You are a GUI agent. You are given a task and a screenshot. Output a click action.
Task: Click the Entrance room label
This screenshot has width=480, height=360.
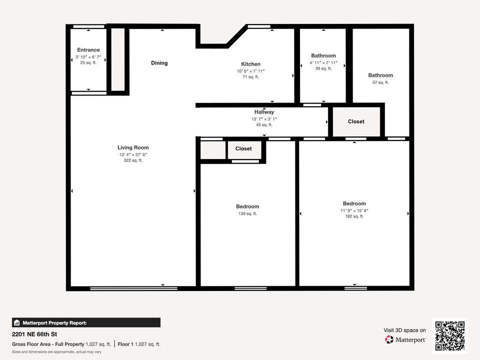(88, 50)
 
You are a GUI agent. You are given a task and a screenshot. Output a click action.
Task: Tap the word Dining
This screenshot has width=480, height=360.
(159, 63)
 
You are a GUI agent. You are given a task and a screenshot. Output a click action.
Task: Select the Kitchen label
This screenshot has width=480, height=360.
(250, 64)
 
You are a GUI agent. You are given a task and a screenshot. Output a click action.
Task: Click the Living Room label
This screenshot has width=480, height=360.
(133, 147)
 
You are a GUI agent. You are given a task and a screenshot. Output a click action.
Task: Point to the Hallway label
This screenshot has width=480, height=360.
(264, 112)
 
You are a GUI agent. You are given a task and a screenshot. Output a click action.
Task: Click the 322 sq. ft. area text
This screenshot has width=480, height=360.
(133, 160)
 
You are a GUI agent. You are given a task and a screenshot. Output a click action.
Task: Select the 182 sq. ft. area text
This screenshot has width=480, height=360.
(354, 216)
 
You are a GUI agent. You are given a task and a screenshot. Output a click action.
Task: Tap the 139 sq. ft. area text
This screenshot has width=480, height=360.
(247, 213)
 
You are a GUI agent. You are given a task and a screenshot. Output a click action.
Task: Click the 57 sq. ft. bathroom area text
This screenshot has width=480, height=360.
(380, 82)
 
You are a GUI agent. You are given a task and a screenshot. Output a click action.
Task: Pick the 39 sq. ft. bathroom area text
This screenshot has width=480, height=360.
(323, 69)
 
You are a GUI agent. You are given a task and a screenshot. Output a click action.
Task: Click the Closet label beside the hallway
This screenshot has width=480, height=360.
(356, 121)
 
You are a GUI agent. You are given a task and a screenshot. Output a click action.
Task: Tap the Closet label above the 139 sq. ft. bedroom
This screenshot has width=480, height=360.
(243, 148)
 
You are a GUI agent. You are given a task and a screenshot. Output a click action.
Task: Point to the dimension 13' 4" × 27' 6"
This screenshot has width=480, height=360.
(133, 154)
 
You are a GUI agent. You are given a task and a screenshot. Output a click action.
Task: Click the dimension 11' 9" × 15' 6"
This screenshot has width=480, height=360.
(354, 210)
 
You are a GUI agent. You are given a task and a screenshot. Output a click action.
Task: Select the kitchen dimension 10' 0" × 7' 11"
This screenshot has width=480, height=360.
(250, 71)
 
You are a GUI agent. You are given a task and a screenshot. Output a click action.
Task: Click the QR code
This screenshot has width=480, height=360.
(450, 336)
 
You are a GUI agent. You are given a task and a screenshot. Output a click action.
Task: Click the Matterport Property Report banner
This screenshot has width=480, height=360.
(86, 322)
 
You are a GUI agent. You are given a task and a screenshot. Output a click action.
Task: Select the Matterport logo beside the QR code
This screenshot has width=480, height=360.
(405, 339)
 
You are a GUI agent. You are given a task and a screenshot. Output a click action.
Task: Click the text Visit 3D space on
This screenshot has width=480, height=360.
(404, 330)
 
